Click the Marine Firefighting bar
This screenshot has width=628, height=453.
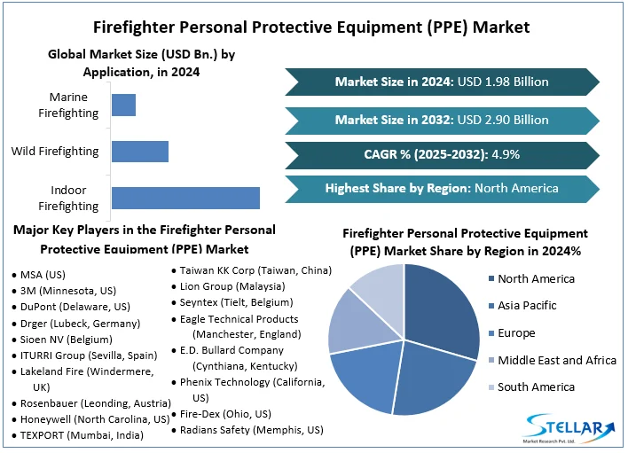pos(123,105)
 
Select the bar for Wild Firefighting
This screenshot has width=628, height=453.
pos(139,152)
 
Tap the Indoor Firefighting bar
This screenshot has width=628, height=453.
pos(185,198)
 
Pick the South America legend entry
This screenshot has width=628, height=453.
pos(536,387)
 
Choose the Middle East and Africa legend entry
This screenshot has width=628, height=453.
pos(556,360)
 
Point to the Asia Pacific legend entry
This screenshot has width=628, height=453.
pos(527,306)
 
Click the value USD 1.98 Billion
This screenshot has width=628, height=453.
pos(502,82)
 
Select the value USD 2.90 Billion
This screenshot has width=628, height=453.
pos(502,120)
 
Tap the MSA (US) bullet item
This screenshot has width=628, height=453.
pos(43,275)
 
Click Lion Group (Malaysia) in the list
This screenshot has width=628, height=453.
pos(232,286)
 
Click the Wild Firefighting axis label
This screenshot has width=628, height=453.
pos(55,152)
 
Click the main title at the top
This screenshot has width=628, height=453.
pos(314,27)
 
